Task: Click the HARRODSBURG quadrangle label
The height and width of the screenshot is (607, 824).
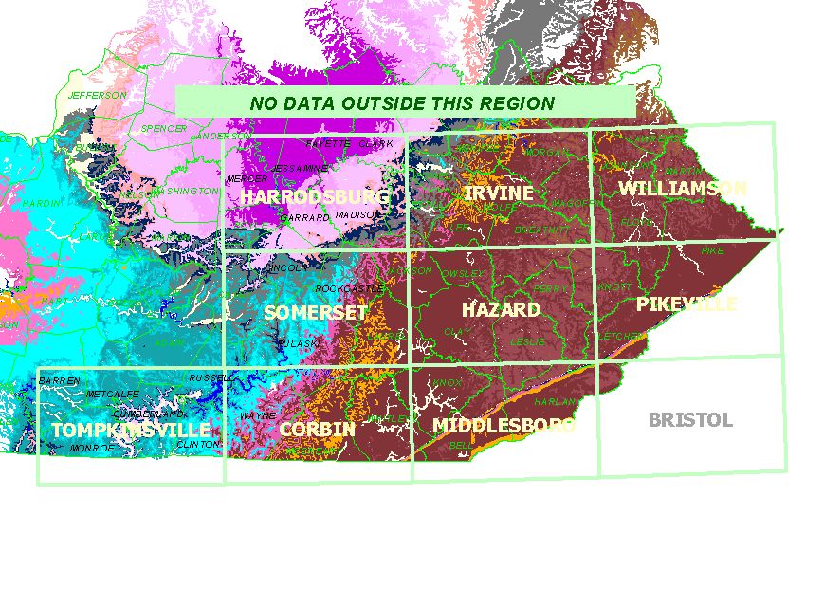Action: coord(314,196)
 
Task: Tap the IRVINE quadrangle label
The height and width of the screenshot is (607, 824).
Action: coord(498,193)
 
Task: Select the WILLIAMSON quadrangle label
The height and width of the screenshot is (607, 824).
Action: coord(682,188)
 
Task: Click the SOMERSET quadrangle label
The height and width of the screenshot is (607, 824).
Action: coord(316,312)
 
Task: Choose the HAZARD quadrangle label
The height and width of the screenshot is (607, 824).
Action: coord(501,309)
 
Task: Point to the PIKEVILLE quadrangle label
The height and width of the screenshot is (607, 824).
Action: coord(687,304)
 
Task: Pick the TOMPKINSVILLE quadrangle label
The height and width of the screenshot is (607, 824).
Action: coord(129,431)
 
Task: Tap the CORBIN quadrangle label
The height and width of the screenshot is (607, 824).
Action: coord(317,429)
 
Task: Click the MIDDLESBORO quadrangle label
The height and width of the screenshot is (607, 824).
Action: coord(504,425)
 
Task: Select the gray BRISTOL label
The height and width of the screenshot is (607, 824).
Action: coord(690,420)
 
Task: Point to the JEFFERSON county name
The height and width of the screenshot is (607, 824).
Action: coord(96,95)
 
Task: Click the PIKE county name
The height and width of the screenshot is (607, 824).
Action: coord(711,250)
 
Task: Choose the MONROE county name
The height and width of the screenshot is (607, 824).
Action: coord(93,447)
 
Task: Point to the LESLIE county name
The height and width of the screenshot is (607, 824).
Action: coord(528,340)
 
